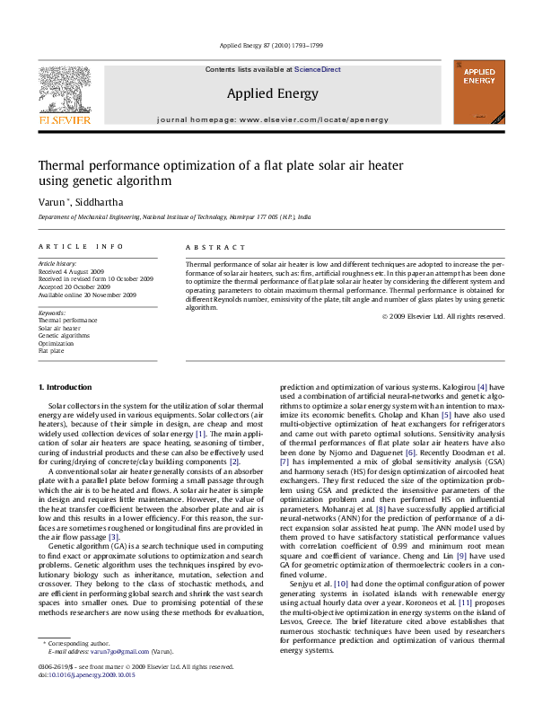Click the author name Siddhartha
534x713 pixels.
[x=100, y=202]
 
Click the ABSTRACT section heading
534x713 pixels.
[x=215, y=247]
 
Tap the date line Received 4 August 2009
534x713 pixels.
[x=71, y=271]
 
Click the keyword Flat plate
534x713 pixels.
[x=51, y=351]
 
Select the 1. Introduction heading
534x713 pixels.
[x=65, y=387]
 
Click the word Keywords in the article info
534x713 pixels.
[x=52, y=312]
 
